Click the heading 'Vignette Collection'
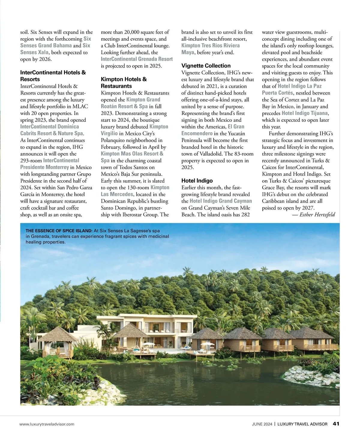pyautogui.click(x=206, y=66)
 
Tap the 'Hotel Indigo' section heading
pyautogui.click(x=197, y=181)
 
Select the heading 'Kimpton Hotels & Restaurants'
pyautogui.click(x=124, y=82)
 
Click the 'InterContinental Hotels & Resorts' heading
pyautogui.click(x=53, y=76)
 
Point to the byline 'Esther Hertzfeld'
pyautogui.click(x=317, y=214)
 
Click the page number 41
pyautogui.click(x=336, y=424)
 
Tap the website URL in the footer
pyautogui.click(x=47, y=424)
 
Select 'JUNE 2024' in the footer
pyautogui.click(x=262, y=424)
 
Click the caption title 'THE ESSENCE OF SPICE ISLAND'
pyautogui.click(x=59, y=231)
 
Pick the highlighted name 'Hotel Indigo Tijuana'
pyautogui.click(x=305, y=113)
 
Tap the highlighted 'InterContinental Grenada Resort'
pyautogui.click(x=136, y=59)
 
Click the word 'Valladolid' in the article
pyautogui.click(x=211, y=154)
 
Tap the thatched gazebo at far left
pyautogui.click(x=57, y=342)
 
